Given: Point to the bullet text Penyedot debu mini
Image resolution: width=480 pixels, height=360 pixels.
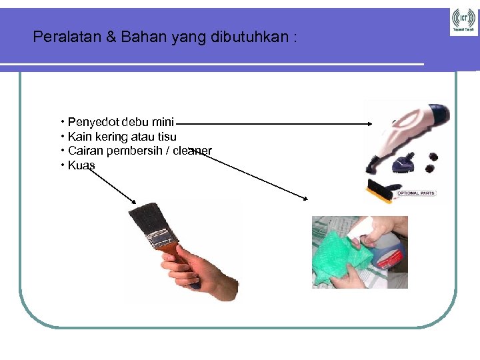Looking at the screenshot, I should [x=121, y=122].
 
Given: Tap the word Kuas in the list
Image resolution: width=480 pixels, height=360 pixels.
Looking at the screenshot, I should [x=81, y=165].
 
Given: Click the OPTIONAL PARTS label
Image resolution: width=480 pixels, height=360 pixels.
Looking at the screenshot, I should [x=415, y=193].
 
